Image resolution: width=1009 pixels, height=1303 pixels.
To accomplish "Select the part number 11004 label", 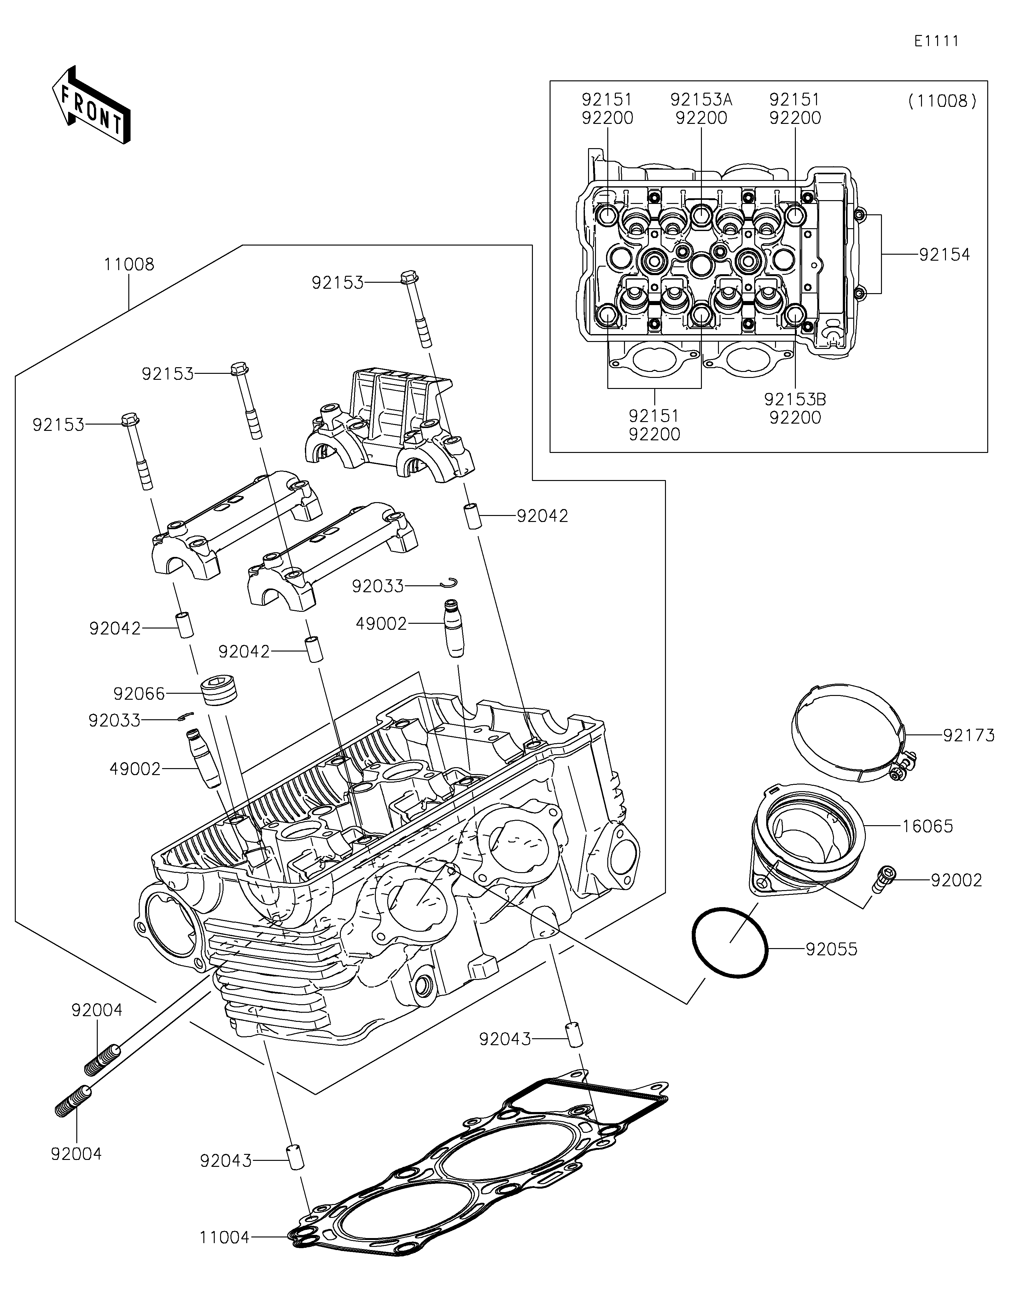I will (225, 1234).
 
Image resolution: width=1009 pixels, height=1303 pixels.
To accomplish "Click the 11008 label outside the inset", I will (129, 264).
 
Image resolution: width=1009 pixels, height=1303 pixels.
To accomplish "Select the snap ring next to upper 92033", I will (450, 582).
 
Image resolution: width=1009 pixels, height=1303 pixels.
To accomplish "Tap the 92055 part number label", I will (831, 949).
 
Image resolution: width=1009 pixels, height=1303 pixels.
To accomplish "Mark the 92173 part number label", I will (968, 736).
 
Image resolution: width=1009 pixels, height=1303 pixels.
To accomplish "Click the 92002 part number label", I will (956, 881).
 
